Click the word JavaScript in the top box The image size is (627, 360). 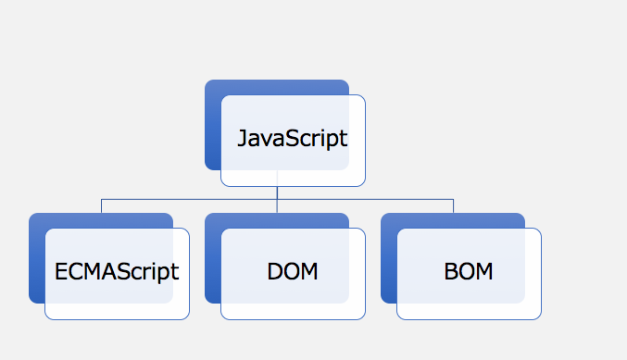[293, 139]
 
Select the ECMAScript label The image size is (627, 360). [117, 272]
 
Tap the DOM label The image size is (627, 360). [293, 272]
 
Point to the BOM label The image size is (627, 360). [469, 272]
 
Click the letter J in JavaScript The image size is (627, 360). [243, 138]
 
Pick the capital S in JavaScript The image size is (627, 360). [294, 138]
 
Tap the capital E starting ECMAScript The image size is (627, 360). [61, 272]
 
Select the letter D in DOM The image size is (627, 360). [275, 272]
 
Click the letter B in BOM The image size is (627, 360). [451, 272]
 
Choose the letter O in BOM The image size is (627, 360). [466, 272]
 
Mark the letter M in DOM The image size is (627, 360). [309, 272]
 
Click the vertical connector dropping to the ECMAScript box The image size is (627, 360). [102, 206]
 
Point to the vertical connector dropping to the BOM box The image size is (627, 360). [453, 206]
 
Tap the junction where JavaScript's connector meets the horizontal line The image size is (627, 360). [277, 199]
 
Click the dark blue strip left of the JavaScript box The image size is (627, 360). [213, 131]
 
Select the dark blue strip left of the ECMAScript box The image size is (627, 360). [37, 266]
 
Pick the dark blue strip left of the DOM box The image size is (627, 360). [213, 266]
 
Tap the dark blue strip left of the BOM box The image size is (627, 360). [389, 266]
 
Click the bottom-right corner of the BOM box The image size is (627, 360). [541, 319]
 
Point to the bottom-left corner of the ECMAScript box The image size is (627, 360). [45, 319]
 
